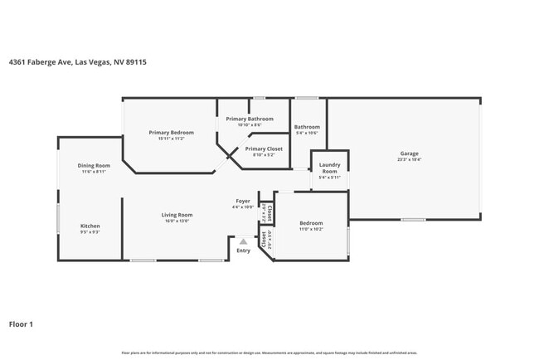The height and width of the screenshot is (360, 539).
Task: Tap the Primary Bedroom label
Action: [x=171, y=133]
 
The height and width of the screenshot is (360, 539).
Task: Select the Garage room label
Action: [x=409, y=153]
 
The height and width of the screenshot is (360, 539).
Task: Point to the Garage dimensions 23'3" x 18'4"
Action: [x=409, y=159]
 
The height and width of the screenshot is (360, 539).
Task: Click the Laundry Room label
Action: [x=329, y=168]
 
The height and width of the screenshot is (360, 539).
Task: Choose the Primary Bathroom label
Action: [x=250, y=119]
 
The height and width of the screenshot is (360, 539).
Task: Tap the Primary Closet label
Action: [x=264, y=148]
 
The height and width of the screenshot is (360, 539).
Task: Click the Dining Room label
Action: [x=94, y=166]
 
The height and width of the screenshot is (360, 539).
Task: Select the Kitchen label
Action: [x=90, y=226]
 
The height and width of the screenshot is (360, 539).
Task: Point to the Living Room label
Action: [x=177, y=216]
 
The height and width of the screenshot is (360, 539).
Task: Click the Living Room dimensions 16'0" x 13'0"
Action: [x=177, y=221]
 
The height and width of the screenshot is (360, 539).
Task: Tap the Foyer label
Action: [x=243, y=201]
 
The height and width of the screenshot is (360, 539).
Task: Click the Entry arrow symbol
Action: [x=243, y=241]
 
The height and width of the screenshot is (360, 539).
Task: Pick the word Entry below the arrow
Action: [x=243, y=251]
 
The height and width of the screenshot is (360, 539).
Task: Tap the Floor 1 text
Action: [x=22, y=324]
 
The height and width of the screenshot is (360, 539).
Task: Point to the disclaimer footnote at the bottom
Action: [x=269, y=353]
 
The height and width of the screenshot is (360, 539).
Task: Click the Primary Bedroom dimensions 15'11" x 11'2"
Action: [x=171, y=139]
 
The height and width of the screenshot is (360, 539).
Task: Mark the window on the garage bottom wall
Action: [x=413, y=220]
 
